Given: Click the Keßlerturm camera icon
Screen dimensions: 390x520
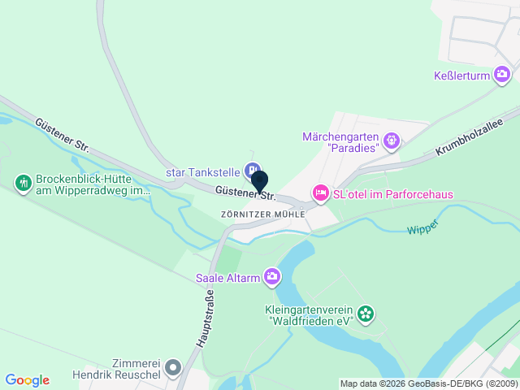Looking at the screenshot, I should (x=502, y=76).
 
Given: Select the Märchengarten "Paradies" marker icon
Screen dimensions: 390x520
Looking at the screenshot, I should (x=392, y=141).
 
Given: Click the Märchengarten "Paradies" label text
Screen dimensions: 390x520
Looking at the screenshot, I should (x=341, y=142).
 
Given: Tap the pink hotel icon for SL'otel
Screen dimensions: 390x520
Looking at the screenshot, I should (x=320, y=193).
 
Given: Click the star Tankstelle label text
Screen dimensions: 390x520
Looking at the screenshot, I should (x=202, y=172).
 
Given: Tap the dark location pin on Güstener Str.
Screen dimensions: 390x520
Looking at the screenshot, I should (x=259, y=180).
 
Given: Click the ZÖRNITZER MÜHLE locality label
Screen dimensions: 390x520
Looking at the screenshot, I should (x=262, y=214).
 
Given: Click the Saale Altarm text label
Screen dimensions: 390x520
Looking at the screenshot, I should (x=227, y=278).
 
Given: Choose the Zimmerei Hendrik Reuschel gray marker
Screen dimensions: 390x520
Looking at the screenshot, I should (x=172, y=369).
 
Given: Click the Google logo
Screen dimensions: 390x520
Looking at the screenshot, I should (x=27, y=380).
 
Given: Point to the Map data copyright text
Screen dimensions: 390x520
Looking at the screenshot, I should (x=428, y=383).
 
